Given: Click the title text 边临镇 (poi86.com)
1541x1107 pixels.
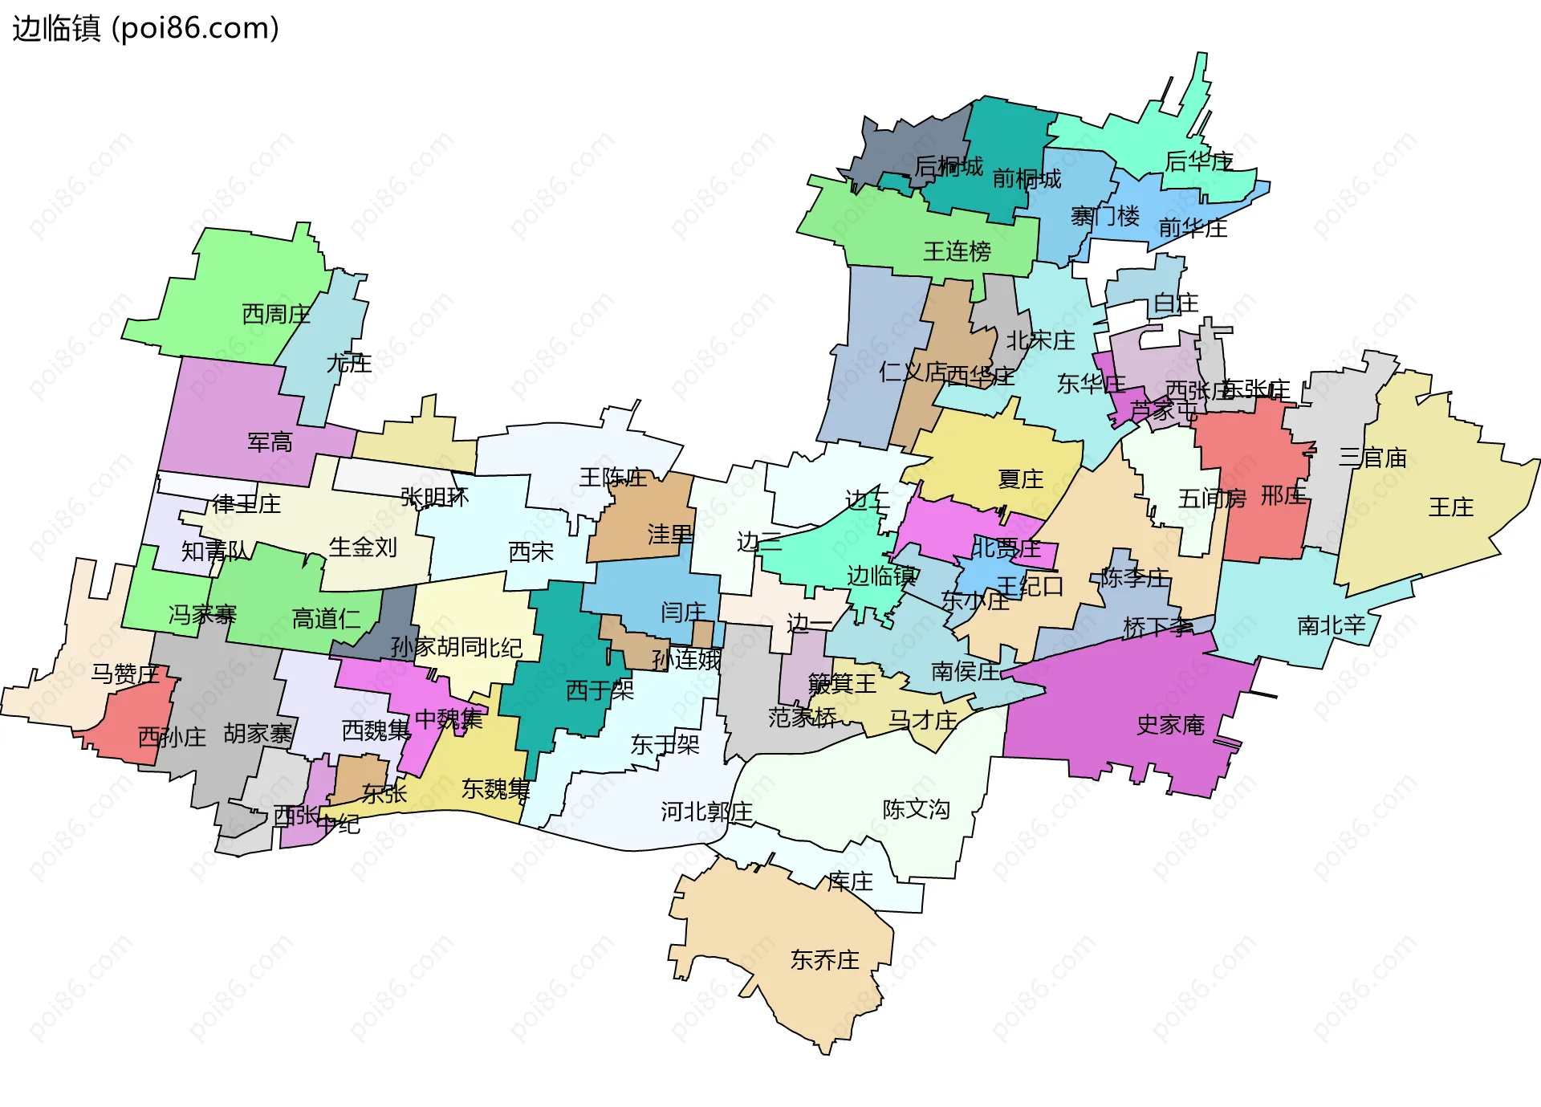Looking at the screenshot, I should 145,28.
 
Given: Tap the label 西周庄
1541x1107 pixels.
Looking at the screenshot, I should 276,314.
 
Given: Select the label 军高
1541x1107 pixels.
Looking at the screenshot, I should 270,442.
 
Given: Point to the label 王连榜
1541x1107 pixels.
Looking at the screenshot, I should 957,251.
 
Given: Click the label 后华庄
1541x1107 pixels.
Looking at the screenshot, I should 1199,162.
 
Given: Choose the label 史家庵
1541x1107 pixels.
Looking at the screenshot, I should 1170,726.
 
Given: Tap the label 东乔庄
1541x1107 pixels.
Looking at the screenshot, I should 824,960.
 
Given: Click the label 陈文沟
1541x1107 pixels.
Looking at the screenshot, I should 916,809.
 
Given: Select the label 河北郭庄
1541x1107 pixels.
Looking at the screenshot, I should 706,812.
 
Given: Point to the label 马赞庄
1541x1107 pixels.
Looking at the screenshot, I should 124,674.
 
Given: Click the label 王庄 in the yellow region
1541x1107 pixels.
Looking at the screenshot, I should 1451,507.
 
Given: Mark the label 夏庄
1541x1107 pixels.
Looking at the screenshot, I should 1020,479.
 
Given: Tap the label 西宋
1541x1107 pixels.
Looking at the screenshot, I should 531,552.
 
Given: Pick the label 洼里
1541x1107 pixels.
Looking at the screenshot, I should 670,535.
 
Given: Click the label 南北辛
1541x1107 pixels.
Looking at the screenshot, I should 1331,625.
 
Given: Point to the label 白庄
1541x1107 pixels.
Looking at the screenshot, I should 1175,303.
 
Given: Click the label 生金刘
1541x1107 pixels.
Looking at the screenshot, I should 363,547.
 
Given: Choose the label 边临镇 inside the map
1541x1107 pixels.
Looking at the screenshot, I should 881,576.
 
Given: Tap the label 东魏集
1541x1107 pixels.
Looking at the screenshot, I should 495,789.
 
